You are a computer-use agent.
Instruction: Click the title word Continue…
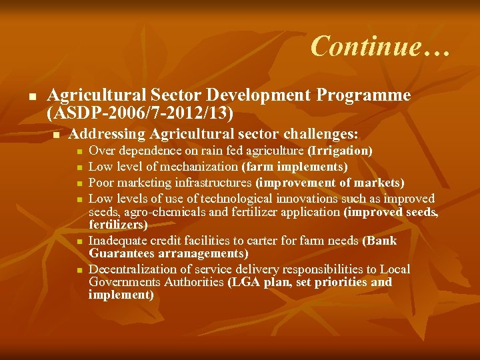(x=380, y=46)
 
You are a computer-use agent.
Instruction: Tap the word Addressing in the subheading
(x=107, y=134)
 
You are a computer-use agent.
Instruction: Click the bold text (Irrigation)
(x=339, y=151)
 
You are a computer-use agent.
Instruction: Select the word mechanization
(x=198, y=167)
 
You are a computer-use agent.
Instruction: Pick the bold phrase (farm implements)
(x=295, y=167)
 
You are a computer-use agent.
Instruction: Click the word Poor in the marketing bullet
(x=102, y=183)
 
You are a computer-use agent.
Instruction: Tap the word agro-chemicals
(x=154, y=213)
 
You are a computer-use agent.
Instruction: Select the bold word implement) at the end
(x=121, y=295)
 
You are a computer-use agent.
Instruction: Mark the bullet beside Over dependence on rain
(x=79, y=152)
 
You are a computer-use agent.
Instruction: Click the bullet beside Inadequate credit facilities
(x=79, y=241)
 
